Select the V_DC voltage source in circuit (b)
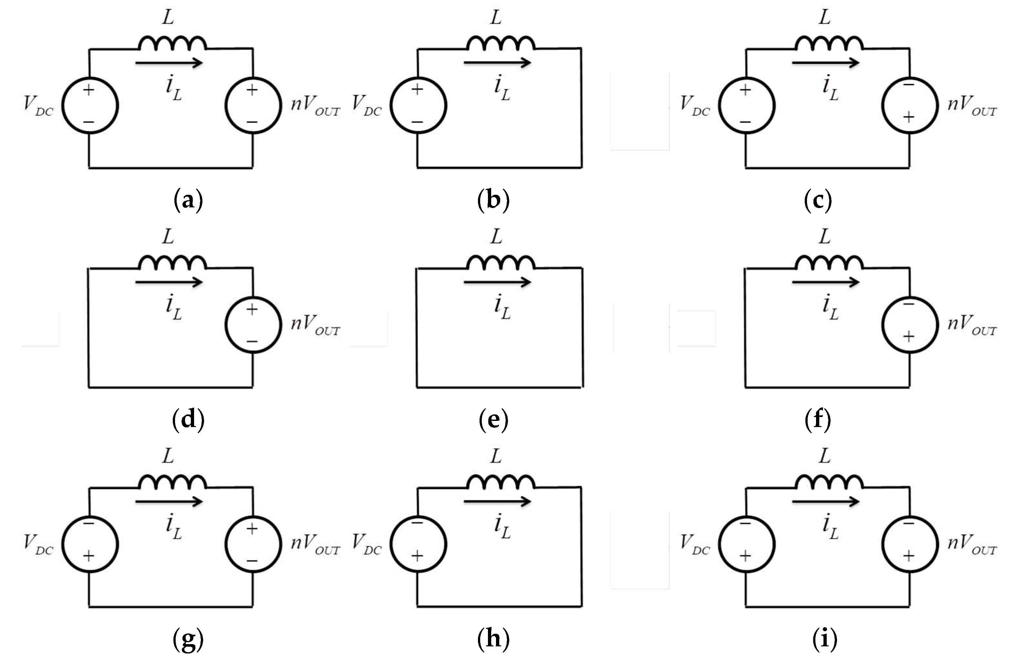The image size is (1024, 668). coord(418,105)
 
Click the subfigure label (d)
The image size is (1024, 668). coord(188,419)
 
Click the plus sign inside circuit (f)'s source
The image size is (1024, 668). coord(908,336)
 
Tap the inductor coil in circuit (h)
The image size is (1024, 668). coord(501,482)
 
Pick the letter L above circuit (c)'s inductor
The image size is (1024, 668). coord(824,18)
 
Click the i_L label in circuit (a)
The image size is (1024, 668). coord(174,89)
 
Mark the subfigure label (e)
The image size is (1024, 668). coord(493,419)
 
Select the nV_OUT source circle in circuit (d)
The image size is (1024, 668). coord(253,325)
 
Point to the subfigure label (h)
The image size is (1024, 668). coord(493,638)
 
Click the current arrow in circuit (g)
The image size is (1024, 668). coord(169,501)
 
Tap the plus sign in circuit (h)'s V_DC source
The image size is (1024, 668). coord(417,556)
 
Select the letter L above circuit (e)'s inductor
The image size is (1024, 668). coord(496,237)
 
